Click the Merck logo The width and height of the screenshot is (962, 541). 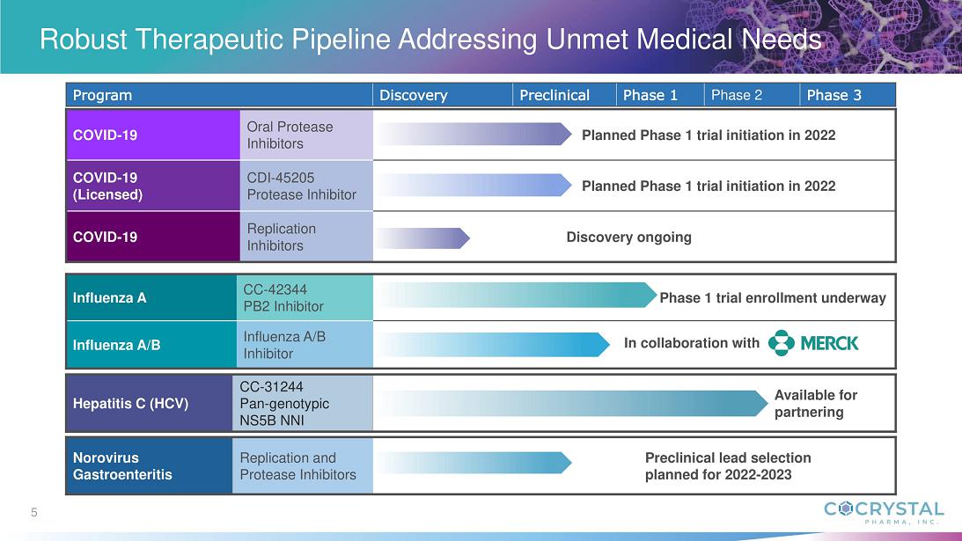(x=813, y=343)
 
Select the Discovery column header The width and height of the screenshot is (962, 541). (x=414, y=95)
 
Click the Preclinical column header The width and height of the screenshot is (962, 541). (x=554, y=95)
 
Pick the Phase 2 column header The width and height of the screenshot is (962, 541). (x=736, y=95)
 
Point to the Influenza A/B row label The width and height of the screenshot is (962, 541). (x=117, y=345)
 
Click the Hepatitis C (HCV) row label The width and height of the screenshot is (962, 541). (x=130, y=404)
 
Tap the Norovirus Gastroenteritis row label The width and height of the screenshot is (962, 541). (x=122, y=466)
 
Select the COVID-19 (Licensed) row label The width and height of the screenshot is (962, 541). (x=107, y=186)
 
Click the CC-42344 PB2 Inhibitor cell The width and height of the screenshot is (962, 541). (x=283, y=297)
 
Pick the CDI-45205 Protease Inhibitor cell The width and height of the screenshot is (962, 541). (x=302, y=186)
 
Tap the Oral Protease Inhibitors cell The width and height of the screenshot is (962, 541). (x=290, y=135)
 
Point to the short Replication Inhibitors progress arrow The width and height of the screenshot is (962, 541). (x=422, y=238)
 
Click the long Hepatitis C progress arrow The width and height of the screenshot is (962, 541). (x=572, y=404)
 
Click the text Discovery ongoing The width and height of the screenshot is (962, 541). (x=628, y=238)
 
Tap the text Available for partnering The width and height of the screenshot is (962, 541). (x=815, y=404)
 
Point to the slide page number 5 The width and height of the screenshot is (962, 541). (x=34, y=512)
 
